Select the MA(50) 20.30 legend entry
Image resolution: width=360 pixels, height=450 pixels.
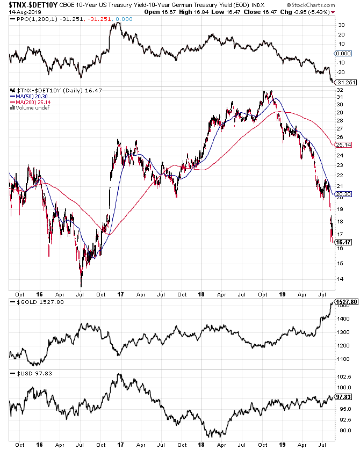[26, 97]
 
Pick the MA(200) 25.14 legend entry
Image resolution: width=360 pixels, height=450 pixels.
[27, 102]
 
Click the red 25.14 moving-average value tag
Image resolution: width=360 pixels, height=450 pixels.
[342, 145]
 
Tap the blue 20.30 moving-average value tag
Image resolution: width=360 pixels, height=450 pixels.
[342, 194]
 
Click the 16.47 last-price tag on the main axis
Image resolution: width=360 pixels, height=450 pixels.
[342, 242]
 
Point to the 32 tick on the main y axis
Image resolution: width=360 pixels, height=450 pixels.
[339, 90]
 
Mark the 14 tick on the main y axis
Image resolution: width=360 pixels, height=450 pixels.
[339, 278]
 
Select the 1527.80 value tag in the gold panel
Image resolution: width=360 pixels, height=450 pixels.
[345, 302]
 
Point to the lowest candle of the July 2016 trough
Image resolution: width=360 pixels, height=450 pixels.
[81, 285]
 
